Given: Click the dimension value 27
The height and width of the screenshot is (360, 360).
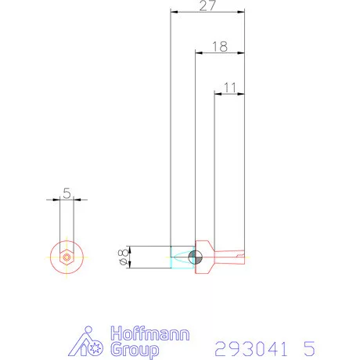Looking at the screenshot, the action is tap(207, 5).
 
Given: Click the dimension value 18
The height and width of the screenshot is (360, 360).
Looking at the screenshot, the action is tap(220, 47).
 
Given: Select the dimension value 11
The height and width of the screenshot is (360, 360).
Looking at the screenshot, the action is tap(230, 88).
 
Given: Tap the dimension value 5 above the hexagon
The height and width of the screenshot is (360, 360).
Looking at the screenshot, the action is tap(67, 193).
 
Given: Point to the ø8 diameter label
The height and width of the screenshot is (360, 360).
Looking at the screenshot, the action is tap(123, 257).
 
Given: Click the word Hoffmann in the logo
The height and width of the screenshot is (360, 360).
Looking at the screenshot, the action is tap(150, 333).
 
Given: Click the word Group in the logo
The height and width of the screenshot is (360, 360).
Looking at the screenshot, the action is tap(135, 350).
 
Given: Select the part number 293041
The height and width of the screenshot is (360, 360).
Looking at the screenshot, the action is tap(251, 348).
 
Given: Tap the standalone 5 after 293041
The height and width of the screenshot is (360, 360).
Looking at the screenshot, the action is tap(309, 348).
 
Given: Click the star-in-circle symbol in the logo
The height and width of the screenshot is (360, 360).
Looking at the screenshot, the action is tap(95, 347).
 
